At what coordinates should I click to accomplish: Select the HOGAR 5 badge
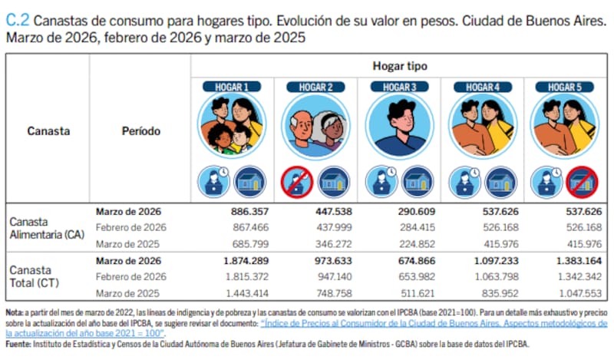click(566, 87)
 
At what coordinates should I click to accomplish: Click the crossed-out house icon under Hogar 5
click(582, 182)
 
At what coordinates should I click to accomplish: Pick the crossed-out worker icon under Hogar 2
click(297, 182)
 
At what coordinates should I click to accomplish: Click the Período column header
click(140, 131)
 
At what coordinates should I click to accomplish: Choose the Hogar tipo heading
click(400, 67)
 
